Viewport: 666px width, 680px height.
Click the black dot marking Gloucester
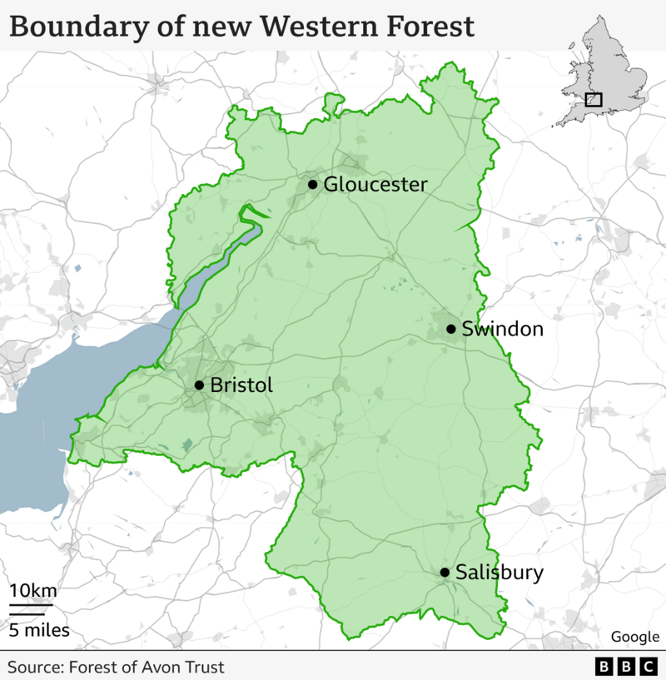[312, 184]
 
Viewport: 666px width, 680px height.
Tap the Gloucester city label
[375, 184]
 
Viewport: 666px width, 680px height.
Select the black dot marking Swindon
[450, 329]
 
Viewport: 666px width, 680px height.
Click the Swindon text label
[502, 329]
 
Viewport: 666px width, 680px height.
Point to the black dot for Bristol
[199, 385]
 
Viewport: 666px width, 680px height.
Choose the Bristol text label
[241, 385]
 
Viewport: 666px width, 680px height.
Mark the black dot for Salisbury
[445, 572]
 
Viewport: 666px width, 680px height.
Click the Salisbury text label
[499, 573]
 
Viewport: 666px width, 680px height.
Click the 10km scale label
[32, 591]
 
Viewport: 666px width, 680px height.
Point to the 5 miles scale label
[39, 630]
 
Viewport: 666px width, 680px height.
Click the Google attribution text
[634, 637]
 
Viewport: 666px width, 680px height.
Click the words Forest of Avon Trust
[147, 667]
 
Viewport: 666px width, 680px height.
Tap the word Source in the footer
[34, 667]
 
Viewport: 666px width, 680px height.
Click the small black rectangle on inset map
[594, 100]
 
